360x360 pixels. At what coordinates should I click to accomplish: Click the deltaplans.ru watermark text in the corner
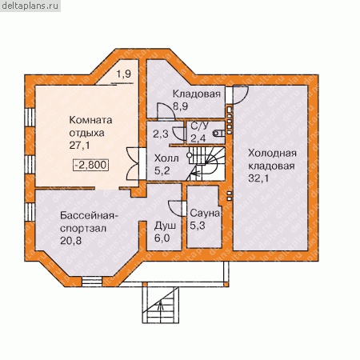(30, 6)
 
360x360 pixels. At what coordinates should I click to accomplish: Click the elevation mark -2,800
(91, 165)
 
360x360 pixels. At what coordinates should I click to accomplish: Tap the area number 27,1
(80, 146)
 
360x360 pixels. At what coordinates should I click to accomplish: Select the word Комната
(90, 120)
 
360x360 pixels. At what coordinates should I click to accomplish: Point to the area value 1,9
(124, 74)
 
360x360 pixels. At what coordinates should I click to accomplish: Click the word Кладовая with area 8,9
(197, 94)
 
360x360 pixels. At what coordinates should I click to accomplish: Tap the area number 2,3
(161, 134)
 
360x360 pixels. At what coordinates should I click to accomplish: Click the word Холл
(166, 158)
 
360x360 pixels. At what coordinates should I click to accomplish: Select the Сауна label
(205, 213)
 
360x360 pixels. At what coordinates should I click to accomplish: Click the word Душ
(165, 226)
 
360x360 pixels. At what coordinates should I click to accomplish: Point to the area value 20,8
(71, 241)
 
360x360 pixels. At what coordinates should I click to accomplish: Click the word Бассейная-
(89, 215)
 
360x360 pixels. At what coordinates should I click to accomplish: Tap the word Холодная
(272, 154)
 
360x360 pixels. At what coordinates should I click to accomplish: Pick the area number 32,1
(258, 178)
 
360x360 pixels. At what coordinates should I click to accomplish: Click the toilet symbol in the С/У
(218, 134)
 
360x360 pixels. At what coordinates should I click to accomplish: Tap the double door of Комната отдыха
(133, 163)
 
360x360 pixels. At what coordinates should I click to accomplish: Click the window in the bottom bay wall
(92, 282)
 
